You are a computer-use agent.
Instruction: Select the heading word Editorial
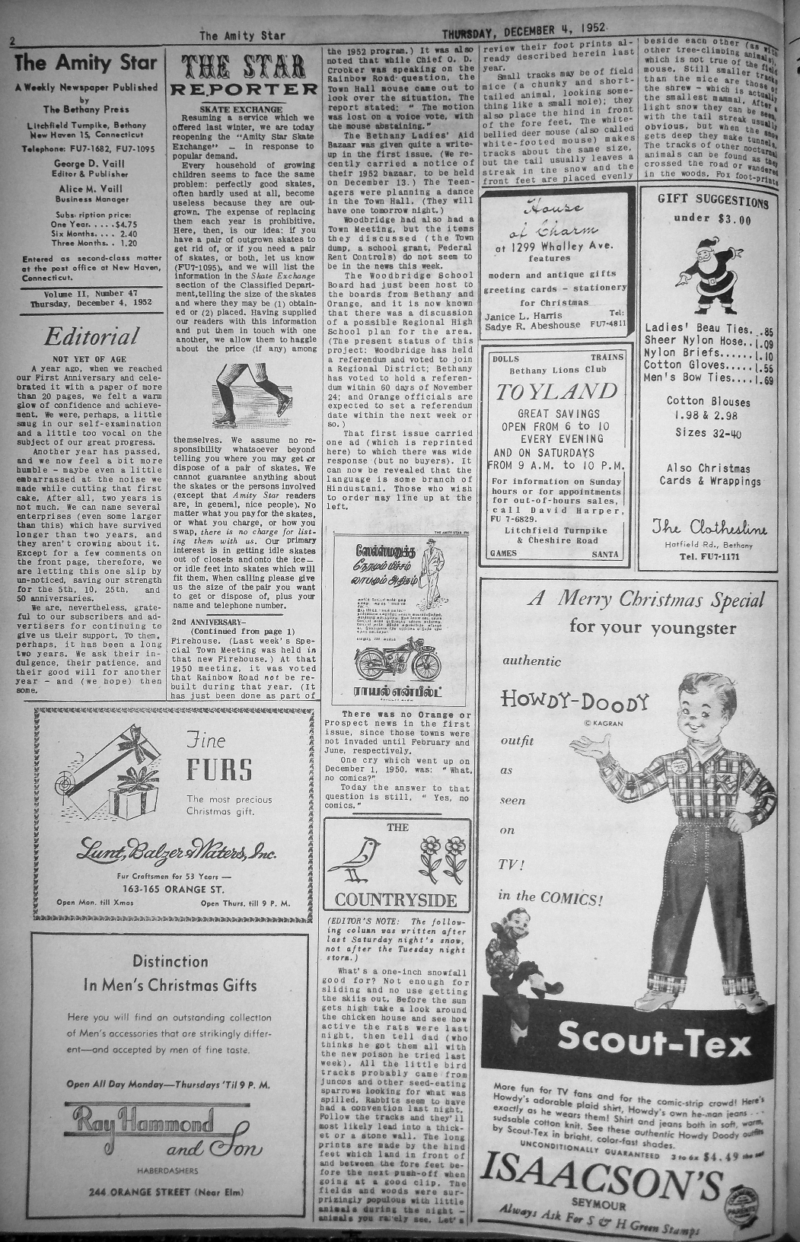(x=91, y=336)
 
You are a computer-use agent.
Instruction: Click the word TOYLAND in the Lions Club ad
(x=557, y=392)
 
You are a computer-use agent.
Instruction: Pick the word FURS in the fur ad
(x=219, y=770)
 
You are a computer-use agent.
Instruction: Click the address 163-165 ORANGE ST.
(x=174, y=887)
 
